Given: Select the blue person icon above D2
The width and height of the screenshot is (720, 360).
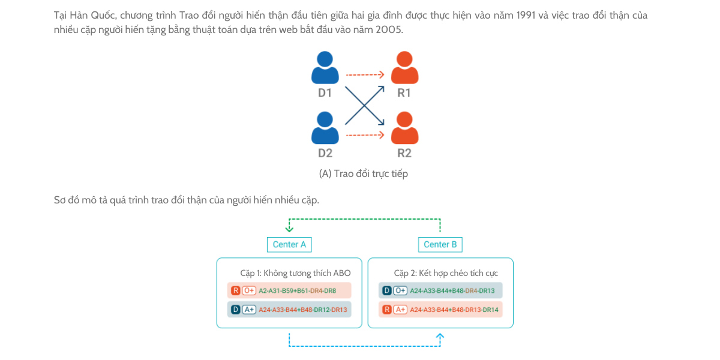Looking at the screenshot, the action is point(325,128).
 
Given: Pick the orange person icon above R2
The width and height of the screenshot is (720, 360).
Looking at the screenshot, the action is point(404,128).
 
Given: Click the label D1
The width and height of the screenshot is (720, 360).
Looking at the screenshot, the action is point(325,93).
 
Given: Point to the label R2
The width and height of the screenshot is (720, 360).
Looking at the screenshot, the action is point(404,153).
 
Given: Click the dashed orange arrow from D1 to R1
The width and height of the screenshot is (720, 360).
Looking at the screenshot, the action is point(365,74).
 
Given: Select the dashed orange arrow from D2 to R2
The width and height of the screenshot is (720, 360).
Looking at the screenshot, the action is point(365,134).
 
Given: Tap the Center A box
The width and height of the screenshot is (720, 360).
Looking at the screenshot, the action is point(289,245).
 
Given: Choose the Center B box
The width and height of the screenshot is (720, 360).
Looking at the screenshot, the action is point(440,245).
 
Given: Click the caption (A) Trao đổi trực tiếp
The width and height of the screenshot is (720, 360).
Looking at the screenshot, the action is point(364,173).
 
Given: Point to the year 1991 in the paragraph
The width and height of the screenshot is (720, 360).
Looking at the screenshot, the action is point(526,15).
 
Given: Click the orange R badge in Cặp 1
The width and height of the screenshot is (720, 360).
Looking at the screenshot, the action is point(236,290).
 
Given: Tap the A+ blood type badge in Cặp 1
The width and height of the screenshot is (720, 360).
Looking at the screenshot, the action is point(249,310).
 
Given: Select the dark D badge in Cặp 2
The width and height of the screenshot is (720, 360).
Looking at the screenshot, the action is point(386,290).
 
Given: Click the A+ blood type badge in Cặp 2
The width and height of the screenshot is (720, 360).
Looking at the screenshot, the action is point(400,310).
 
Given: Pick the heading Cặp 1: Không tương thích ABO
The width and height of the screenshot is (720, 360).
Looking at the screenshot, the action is point(295,273).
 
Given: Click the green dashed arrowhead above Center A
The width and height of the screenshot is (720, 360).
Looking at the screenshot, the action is point(289,229).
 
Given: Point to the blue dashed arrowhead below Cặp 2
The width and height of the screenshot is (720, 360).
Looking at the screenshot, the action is point(440,336).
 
